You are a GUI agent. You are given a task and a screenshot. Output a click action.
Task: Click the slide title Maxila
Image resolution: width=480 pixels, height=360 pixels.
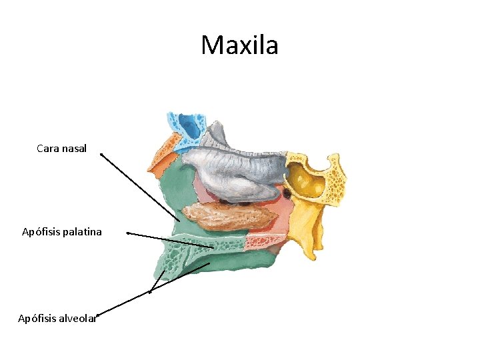pyautogui.click(x=239, y=45)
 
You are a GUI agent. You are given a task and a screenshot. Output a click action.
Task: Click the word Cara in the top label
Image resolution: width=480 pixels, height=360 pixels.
pyautogui.click(x=48, y=149)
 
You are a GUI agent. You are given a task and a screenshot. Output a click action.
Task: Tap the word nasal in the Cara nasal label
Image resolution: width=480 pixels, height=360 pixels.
pyautogui.click(x=74, y=149)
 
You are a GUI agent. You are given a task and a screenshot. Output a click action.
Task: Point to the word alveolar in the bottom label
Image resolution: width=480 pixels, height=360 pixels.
pyautogui.click(x=77, y=318)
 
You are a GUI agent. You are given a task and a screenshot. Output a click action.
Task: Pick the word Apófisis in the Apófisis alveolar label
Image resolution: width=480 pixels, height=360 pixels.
pyautogui.click(x=37, y=318)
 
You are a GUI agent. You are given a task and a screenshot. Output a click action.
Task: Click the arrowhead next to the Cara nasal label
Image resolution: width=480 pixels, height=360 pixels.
pyautogui.click(x=101, y=155)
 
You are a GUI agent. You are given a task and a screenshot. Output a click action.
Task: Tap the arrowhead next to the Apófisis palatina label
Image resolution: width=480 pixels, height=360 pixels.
pyautogui.click(x=127, y=233)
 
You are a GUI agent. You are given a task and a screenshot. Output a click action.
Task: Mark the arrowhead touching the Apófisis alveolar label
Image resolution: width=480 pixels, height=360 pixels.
pyautogui.click(x=98, y=315)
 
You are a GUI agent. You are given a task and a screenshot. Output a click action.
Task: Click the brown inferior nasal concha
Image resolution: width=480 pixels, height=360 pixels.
pyautogui.click(x=230, y=214)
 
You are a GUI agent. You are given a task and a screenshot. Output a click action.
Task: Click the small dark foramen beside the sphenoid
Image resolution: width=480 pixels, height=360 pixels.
pyautogui.click(x=287, y=193)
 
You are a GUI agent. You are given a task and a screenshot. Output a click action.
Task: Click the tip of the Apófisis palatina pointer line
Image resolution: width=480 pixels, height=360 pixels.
pyautogui.click(x=213, y=247)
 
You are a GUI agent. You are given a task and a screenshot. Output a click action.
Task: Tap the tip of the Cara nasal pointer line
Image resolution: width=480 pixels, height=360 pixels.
pyautogui.click(x=180, y=221)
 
